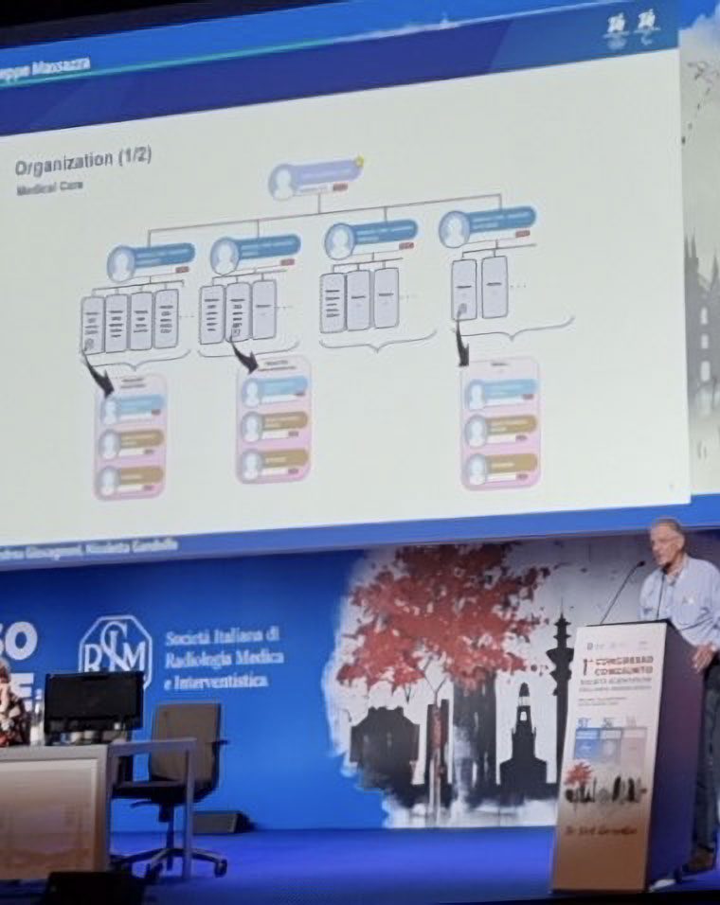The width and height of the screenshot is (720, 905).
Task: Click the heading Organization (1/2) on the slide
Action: click(x=81, y=167)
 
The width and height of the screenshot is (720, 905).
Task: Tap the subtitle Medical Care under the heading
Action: click(x=49, y=187)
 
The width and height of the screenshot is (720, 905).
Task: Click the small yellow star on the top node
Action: click(x=361, y=162)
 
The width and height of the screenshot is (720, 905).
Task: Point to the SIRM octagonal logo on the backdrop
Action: click(x=116, y=652)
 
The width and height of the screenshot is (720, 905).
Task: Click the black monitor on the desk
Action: click(x=94, y=701)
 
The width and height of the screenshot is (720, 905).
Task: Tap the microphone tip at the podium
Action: click(x=642, y=566)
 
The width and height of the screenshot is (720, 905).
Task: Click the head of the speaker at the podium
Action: click(x=667, y=541)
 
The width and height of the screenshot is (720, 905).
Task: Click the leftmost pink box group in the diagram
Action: click(x=131, y=436)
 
